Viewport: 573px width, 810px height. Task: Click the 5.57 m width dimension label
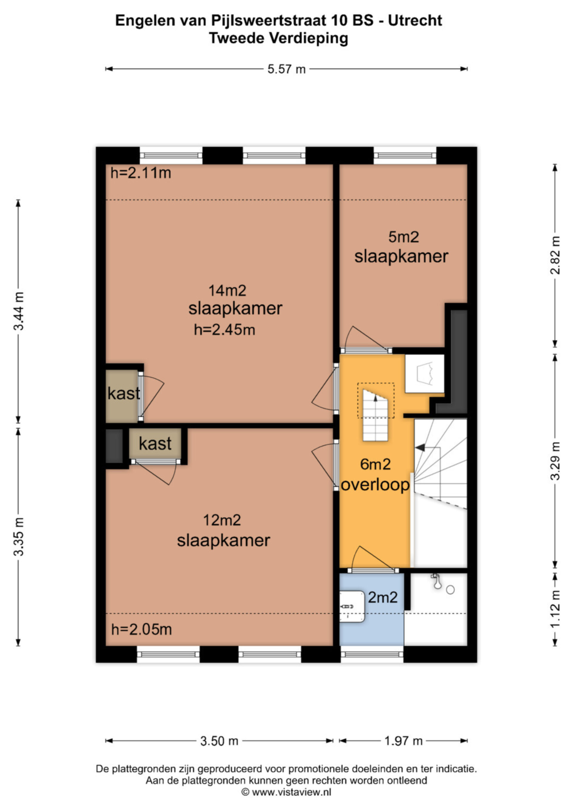tap(286, 69)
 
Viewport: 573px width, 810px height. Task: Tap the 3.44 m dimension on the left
tap(19, 311)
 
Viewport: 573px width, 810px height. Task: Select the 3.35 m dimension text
tap(19, 537)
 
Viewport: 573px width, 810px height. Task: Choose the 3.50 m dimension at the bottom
tap(219, 741)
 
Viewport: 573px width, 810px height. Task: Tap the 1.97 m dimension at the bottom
tap(403, 741)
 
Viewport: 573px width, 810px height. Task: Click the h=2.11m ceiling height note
tap(141, 173)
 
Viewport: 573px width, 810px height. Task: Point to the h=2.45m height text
tap(224, 330)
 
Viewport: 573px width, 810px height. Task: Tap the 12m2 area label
tap(222, 520)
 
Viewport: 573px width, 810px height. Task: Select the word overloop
tap(375, 485)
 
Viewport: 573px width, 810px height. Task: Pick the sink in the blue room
tap(352, 607)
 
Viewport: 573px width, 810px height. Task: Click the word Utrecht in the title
tap(415, 21)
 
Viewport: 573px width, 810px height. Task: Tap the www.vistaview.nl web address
tap(292, 792)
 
